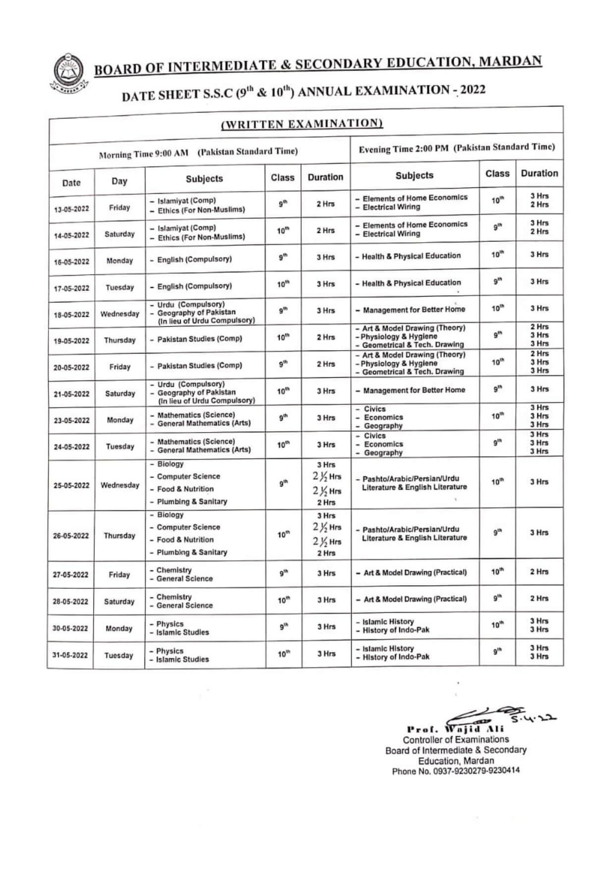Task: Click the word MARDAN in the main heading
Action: [511, 61]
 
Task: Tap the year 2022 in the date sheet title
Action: [472, 90]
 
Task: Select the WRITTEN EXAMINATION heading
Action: [302, 124]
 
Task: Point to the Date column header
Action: [71, 183]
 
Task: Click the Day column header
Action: [119, 181]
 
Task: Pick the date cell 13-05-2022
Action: [71, 209]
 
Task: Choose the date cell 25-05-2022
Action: [71, 485]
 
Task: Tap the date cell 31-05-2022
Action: [70, 656]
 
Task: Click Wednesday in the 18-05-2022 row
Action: [120, 314]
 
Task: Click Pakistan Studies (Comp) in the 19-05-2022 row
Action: [200, 339]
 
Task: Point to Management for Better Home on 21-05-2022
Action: [414, 390]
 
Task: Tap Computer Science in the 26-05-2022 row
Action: [188, 527]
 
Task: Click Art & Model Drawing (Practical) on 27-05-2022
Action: [415, 572]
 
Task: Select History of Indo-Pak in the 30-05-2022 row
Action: [396, 630]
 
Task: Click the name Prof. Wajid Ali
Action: [455, 729]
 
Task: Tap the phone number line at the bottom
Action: [456, 771]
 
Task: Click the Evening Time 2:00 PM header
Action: [457, 148]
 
